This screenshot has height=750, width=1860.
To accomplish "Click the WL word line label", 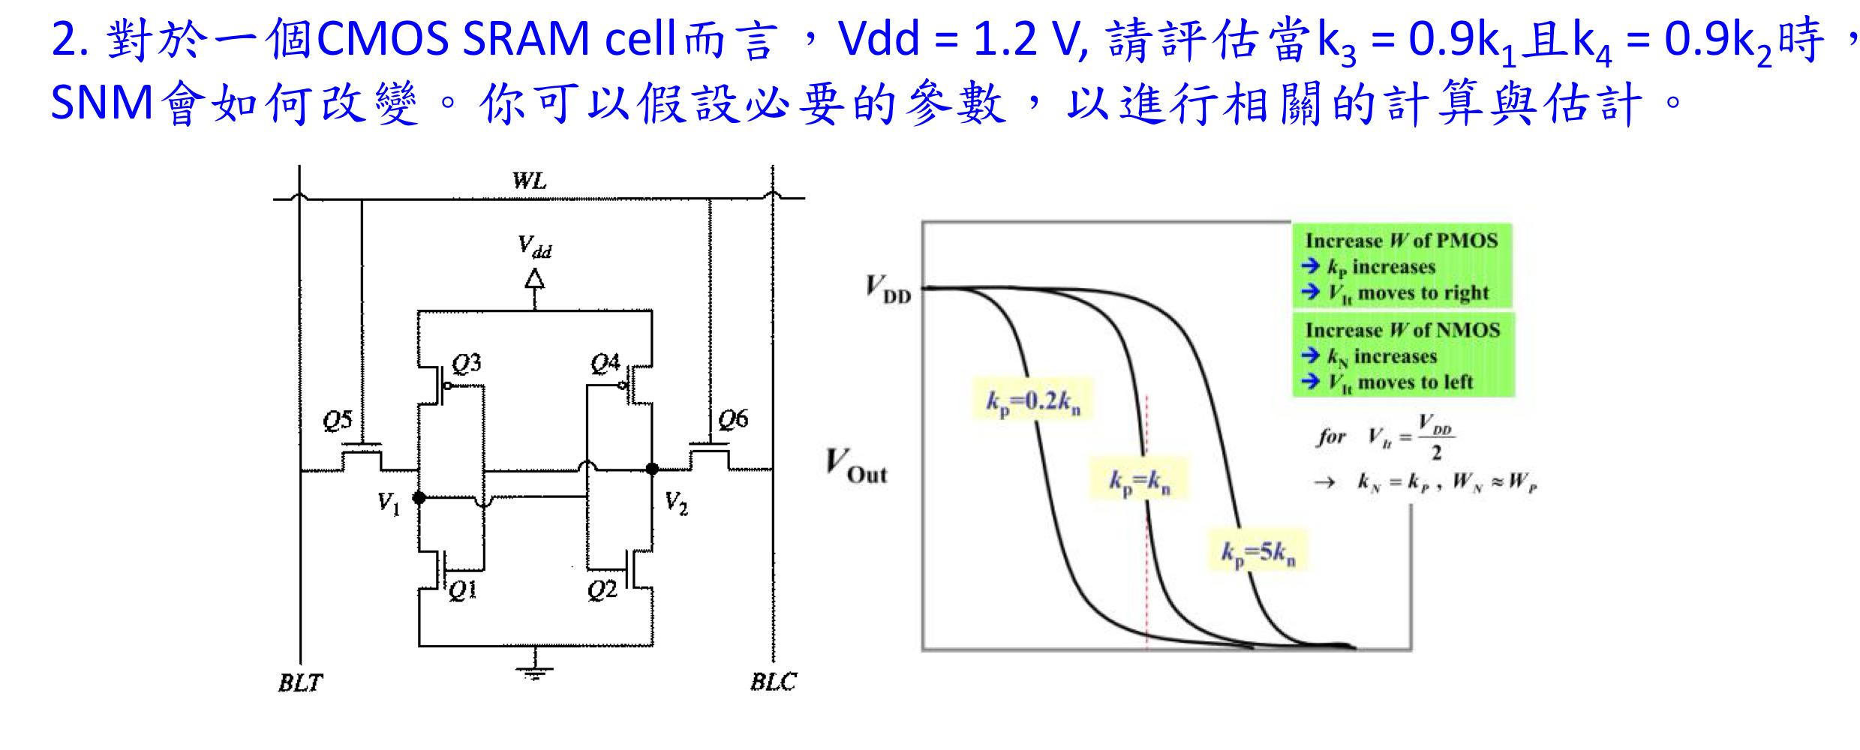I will [529, 181].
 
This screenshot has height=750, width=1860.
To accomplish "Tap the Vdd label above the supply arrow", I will [534, 247].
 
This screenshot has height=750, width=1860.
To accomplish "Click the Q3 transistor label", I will [466, 364].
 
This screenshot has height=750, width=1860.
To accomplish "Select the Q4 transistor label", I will [605, 364].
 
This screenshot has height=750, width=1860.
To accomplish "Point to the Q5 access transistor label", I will [337, 420].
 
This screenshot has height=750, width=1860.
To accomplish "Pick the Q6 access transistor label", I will [732, 419].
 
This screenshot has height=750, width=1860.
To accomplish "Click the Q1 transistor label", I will [462, 590].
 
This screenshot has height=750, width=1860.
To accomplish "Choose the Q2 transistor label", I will [602, 590].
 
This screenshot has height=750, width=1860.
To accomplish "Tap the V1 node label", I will [388, 502].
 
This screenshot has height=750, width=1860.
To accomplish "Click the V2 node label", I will [676, 502].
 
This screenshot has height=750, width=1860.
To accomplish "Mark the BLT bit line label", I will [300, 682].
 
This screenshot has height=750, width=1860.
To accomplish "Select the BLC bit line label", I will [774, 682].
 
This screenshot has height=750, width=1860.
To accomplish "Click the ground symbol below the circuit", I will [534, 670].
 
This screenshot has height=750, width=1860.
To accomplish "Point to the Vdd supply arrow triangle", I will [534, 280].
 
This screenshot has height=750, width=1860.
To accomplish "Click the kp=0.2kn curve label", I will [1032, 402].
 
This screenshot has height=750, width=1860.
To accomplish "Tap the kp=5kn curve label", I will [1258, 553].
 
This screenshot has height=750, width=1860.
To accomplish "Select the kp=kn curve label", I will [1139, 481].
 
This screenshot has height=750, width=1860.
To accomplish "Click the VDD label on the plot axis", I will [888, 289].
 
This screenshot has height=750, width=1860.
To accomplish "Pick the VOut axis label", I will [856, 466].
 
